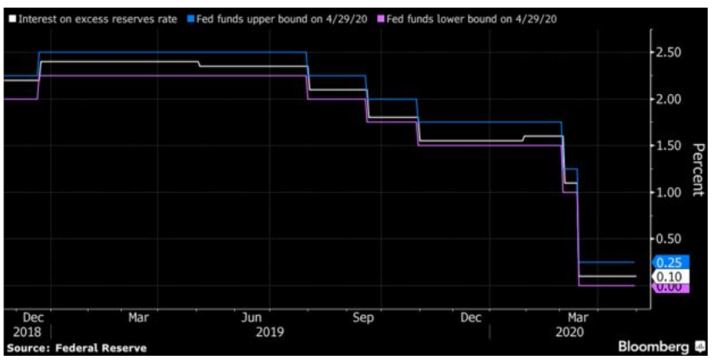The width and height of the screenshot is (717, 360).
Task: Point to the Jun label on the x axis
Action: pyautogui.click(x=252, y=318)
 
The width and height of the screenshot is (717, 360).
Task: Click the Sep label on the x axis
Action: pyautogui.click(x=364, y=318)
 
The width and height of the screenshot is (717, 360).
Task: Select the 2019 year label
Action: pyautogui.click(x=270, y=333)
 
